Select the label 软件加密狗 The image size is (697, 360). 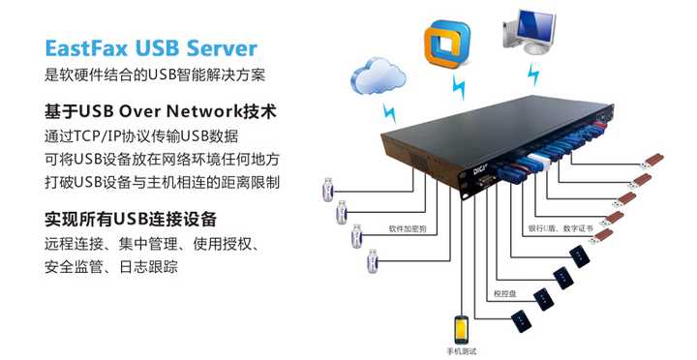408,229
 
